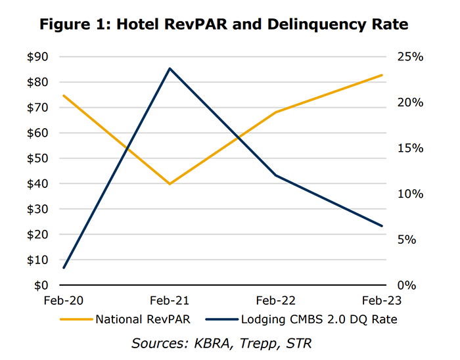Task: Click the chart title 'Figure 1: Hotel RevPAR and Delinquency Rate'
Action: pyautogui.click(x=223, y=25)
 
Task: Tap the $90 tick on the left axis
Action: pyautogui.click(x=38, y=57)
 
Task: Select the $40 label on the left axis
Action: pyautogui.click(x=38, y=184)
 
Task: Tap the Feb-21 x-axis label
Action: pyautogui.click(x=170, y=300)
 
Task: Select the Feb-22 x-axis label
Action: pyautogui.click(x=275, y=300)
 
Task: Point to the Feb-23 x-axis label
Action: pyautogui.click(x=381, y=300)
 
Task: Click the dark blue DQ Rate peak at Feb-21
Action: pyautogui.click(x=170, y=68)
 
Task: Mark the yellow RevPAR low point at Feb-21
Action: pyautogui.click(x=170, y=184)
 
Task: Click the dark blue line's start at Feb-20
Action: pyautogui.click(x=64, y=268)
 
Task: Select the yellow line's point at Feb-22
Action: pyautogui.click(x=275, y=112)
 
